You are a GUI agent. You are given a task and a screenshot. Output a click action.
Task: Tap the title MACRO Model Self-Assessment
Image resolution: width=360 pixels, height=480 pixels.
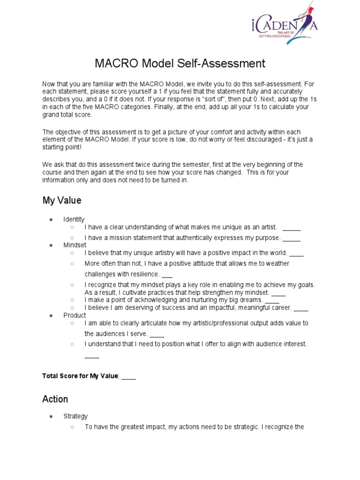tap(180, 63)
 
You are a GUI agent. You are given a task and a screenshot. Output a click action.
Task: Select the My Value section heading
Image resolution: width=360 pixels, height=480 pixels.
tap(61, 201)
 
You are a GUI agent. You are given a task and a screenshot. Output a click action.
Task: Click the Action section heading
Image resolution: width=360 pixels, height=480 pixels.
tap(55, 399)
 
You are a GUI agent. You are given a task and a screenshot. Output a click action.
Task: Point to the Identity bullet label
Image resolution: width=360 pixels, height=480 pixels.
tap(74, 219)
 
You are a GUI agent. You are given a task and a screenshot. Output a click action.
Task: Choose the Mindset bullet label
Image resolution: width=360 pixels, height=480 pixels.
tap(75, 245)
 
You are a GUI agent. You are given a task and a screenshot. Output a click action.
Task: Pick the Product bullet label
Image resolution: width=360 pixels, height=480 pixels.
tap(75, 315)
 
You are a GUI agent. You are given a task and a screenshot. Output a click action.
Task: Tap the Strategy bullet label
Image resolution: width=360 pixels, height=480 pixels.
tap(75, 416)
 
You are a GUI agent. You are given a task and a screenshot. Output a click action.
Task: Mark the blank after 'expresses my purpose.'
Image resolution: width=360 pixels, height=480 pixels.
tap(292, 238)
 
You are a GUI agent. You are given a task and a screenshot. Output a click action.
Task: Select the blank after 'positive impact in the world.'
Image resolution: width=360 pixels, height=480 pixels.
tap(297, 253)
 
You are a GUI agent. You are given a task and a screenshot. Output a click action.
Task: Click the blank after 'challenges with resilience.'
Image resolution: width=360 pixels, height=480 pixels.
tap(167, 274)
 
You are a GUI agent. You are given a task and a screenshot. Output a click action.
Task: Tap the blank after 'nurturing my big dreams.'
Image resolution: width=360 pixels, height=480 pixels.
tap(272, 300)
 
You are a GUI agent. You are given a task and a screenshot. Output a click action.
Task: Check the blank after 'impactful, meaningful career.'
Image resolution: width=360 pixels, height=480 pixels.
tap(301, 308)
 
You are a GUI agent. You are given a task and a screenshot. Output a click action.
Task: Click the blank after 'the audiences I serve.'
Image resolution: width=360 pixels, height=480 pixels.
tap(157, 334)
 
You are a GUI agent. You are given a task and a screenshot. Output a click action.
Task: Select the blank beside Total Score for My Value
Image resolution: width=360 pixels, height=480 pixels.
tap(128, 376)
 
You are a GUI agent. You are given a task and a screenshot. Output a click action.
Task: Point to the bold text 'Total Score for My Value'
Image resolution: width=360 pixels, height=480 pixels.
tap(81, 376)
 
